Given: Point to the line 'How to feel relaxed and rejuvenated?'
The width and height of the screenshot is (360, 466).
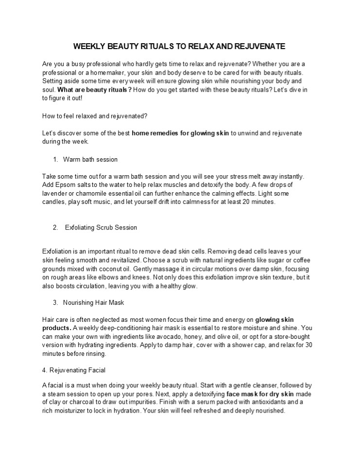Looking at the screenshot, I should (95, 116).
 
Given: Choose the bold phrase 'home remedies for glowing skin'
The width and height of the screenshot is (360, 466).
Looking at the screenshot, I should (181, 133).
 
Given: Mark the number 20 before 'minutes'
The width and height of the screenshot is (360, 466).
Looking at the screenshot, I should (253, 201).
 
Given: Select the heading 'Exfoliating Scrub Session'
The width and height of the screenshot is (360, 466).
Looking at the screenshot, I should (101, 227).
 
